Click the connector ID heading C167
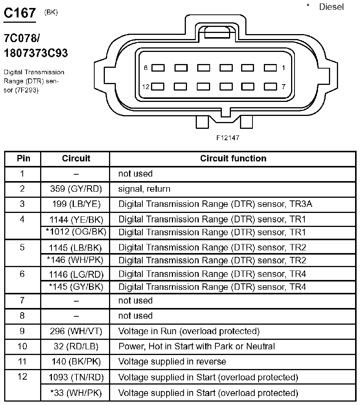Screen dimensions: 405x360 pos(20,13)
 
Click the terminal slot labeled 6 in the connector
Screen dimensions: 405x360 pos(158,68)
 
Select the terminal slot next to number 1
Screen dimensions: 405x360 pos(270,68)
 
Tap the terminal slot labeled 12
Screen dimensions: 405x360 pos(158,86)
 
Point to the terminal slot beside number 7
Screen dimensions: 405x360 pos(270,86)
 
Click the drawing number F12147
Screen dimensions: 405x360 pos(228,138)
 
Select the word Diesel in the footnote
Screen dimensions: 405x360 pos(332,7)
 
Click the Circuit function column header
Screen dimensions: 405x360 pos(233,158)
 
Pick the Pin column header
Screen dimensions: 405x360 pos(22,158)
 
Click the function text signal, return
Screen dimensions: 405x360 pos(144,189)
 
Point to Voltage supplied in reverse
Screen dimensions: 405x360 pos(172,361)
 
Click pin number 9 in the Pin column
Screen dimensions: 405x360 pos(22,331)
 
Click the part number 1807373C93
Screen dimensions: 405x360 pos(36,53)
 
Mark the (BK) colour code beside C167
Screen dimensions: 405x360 pos(51,12)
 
